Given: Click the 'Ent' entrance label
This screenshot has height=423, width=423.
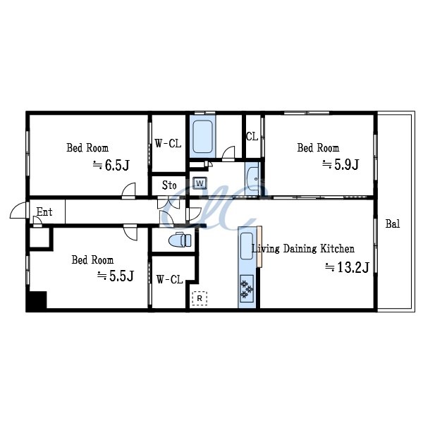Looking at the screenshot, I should click(44, 211).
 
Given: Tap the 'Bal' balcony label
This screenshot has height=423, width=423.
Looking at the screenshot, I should click(393, 224).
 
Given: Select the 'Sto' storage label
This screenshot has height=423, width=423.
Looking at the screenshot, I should click(169, 185).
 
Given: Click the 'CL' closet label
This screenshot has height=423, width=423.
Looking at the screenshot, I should click(252, 137).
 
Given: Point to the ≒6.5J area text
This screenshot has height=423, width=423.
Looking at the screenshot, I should click(111, 166).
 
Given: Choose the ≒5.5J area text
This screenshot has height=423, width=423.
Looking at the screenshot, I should click(115, 276).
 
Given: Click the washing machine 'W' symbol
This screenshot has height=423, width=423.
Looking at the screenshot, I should click(200, 183).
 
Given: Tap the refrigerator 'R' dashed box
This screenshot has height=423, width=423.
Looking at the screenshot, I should click(200, 298).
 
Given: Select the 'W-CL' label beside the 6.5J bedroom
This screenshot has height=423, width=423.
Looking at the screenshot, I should click(168, 144).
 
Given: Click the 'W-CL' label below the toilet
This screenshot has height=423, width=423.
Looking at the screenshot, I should click(169, 280).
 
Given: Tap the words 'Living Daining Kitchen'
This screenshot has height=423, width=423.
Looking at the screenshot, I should click(303, 249).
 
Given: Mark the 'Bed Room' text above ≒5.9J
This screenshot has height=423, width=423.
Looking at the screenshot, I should click(318, 148).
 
